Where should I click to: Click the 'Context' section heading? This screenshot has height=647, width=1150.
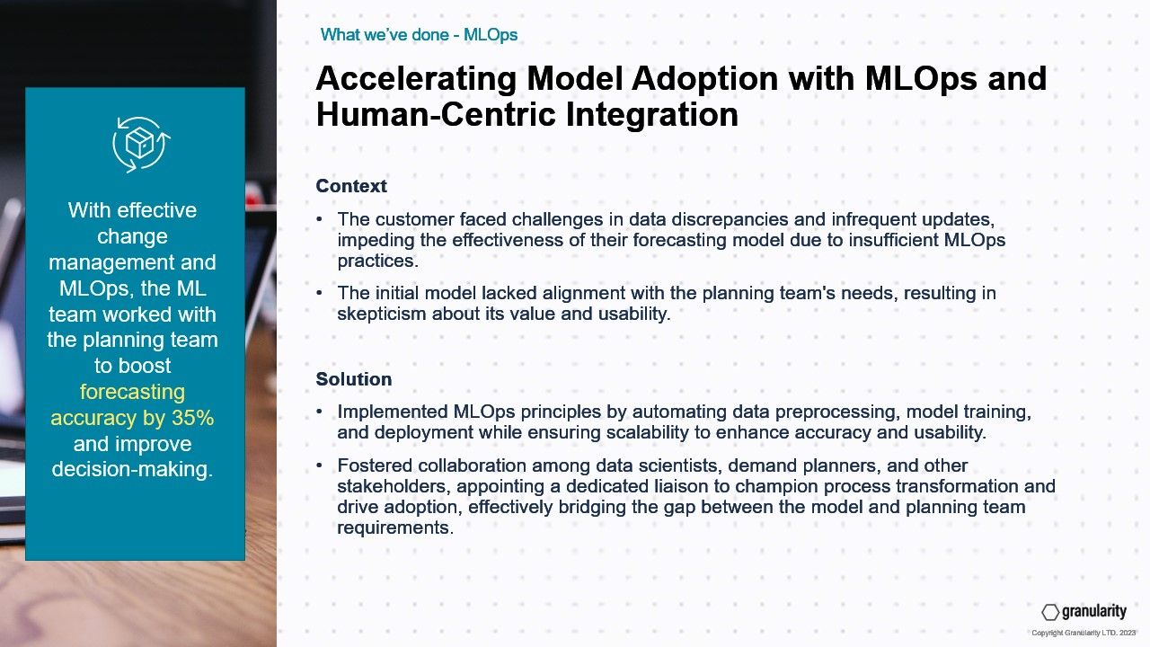351,186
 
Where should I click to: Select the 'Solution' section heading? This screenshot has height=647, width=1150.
354,379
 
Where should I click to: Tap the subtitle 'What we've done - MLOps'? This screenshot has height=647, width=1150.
419,35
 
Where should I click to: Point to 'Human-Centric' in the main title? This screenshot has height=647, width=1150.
436,113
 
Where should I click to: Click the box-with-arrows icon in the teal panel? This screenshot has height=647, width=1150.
141,145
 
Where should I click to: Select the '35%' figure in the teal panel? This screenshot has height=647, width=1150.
192,418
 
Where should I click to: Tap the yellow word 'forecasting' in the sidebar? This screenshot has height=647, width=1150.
132,392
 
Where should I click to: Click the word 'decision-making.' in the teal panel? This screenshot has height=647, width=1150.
132,469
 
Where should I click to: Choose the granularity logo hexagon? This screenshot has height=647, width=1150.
1050,612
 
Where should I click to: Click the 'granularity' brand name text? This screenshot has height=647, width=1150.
1094,611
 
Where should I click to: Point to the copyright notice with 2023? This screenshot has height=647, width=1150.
1084,634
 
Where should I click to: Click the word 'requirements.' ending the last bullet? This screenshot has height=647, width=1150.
395,527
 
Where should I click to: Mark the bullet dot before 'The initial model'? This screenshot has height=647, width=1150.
319,293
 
